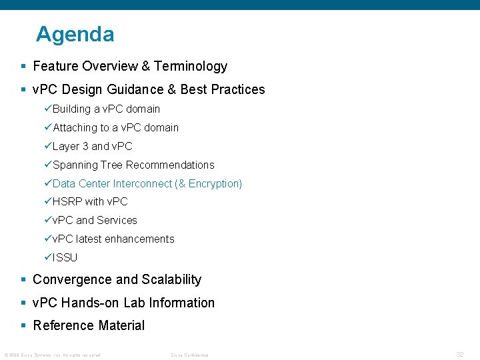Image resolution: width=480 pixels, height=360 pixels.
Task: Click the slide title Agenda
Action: pos(75,34)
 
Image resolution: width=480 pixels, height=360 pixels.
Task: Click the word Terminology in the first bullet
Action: pos(191,66)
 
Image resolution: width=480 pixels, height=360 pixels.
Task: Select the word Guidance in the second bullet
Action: pos(143,89)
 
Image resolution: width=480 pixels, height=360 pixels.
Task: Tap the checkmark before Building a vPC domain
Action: pos(48,109)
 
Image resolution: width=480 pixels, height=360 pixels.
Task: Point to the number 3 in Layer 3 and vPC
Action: pos(85,146)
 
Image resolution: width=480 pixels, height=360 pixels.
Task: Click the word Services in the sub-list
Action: pos(117,220)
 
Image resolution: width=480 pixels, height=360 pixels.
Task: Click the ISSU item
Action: pos(65,257)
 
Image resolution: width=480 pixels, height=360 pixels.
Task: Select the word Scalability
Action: pos(171,279)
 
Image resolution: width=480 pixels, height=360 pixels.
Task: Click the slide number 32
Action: pos(459,355)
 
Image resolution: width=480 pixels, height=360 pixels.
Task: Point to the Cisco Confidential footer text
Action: pos(189,355)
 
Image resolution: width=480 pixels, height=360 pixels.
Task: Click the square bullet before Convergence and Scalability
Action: pos(23,280)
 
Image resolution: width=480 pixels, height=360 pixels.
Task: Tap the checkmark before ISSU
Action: pos(48,257)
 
